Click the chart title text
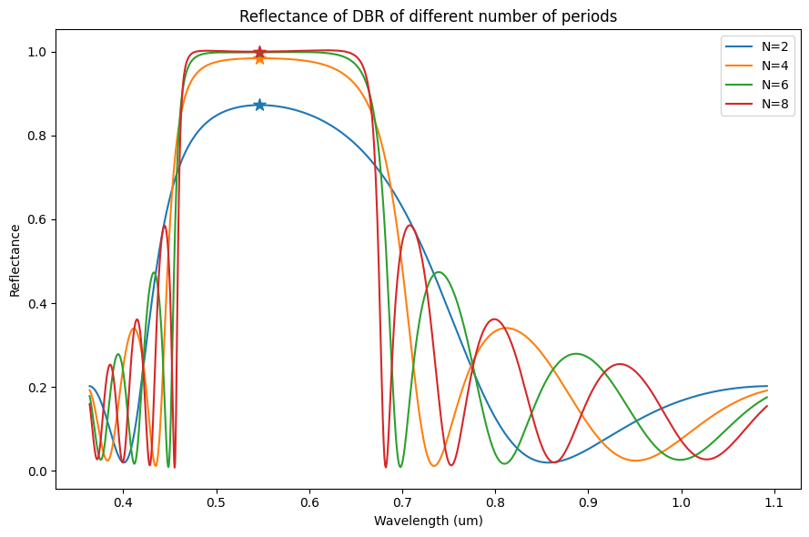428,15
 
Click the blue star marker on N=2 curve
259,105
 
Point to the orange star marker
259,58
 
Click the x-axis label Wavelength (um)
428,522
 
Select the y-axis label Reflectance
15,260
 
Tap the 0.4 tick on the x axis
123,502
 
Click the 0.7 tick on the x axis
402,502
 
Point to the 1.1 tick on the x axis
774,502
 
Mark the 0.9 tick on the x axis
588,502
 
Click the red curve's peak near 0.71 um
410,225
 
